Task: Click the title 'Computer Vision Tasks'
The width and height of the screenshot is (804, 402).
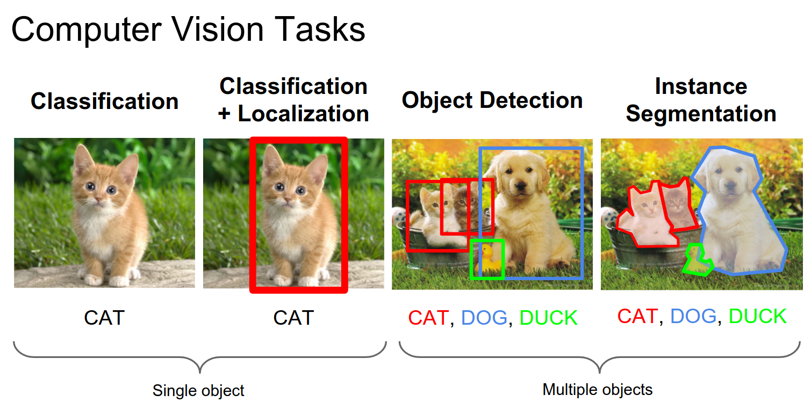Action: (x=188, y=31)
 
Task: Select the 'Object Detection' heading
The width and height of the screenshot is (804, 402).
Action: (x=492, y=100)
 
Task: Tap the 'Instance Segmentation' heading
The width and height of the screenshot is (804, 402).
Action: (x=701, y=100)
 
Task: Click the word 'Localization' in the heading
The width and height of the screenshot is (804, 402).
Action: (x=303, y=114)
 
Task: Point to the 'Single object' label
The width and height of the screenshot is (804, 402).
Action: (x=198, y=391)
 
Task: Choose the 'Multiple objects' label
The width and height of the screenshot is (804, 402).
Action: (x=597, y=390)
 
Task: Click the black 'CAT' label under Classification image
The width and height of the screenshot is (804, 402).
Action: (x=104, y=318)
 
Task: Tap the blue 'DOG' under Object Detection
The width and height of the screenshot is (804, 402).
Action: (x=484, y=318)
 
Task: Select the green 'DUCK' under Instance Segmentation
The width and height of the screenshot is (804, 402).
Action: (x=757, y=316)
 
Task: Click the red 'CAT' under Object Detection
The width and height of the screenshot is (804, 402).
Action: (x=428, y=318)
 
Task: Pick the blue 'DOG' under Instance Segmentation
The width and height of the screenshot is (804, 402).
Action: (x=693, y=316)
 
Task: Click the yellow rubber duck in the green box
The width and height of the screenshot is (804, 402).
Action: (x=488, y=259)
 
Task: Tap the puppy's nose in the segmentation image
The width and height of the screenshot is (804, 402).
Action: (x=729, y=186)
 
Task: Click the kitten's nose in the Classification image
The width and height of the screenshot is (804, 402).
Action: (x=98, y=198)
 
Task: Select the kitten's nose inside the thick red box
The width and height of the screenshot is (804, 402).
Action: (x=287, y=199)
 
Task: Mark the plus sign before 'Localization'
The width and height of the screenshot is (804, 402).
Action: (x=224, y=114)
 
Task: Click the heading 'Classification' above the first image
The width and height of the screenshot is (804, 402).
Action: (x=104, y=101)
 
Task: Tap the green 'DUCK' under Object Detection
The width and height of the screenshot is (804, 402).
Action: (x=548, y=318)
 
